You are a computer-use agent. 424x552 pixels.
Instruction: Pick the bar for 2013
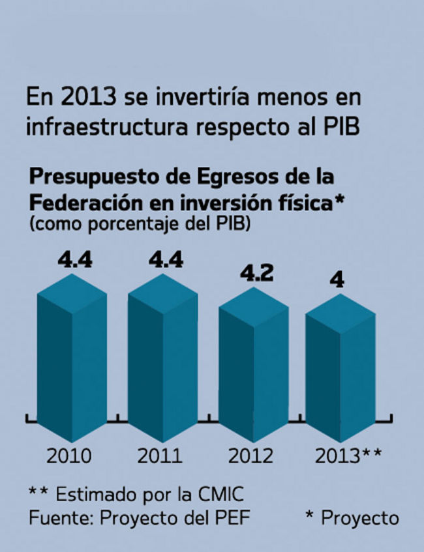(340, 375)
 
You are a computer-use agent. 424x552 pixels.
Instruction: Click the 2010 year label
(68, 455)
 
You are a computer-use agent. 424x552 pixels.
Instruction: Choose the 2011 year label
(159, 455)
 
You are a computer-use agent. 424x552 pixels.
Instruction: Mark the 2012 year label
(250, 455)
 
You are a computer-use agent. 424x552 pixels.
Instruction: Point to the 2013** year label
(348, 455)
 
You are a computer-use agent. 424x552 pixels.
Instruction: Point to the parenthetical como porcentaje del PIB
(140, 224)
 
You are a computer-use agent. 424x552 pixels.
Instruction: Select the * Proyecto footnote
(352, 518)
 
